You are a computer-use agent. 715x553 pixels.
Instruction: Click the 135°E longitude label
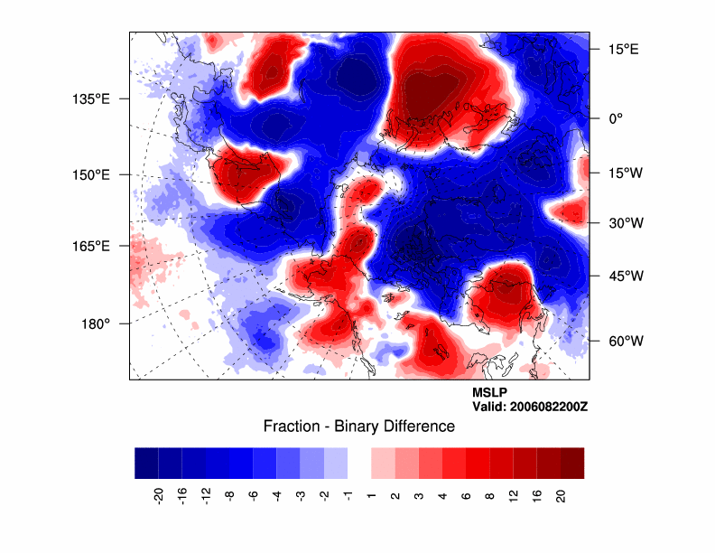91,98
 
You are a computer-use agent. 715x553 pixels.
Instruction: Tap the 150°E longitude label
91,174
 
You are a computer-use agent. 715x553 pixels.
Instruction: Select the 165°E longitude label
91,246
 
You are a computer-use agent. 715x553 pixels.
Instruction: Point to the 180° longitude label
96,323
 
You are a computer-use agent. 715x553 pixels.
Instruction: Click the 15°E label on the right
622,50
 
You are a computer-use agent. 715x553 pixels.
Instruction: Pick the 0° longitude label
617,118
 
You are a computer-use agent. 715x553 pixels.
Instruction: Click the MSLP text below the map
490,393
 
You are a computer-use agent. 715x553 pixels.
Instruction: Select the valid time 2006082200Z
530,407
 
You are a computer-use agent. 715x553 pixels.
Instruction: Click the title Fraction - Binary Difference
358,426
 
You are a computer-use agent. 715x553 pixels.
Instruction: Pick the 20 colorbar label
561,494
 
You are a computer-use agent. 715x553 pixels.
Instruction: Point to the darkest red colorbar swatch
572,463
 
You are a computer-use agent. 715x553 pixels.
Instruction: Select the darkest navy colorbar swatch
146,463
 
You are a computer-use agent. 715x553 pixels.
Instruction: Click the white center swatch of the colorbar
359,463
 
